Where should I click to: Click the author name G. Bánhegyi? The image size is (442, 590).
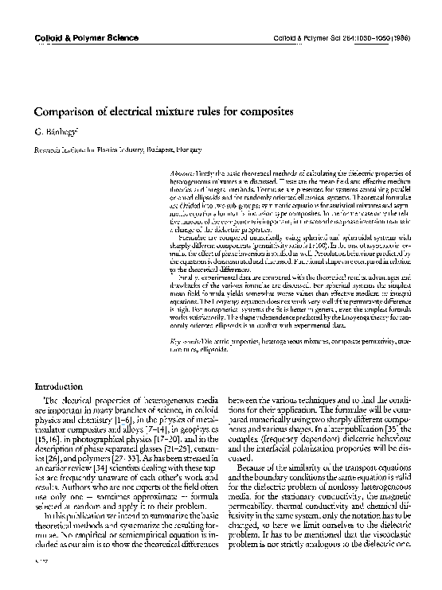[53, 131]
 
